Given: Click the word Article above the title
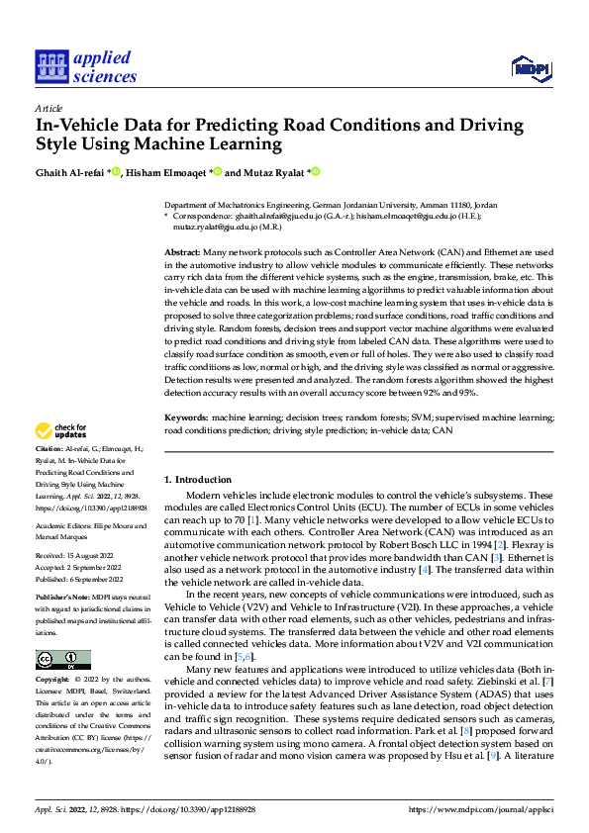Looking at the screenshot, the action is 49,108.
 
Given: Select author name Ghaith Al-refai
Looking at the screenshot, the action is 71,172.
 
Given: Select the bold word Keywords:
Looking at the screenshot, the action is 184,418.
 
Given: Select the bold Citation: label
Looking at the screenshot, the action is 51,448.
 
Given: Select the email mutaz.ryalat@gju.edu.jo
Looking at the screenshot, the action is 208,225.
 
